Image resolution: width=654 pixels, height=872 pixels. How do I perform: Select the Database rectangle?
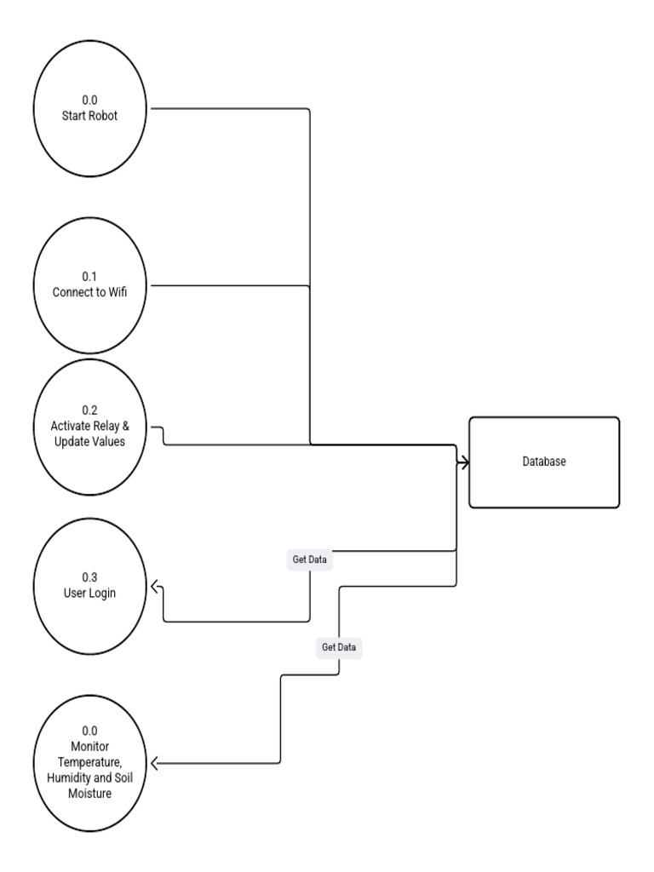point(544,462)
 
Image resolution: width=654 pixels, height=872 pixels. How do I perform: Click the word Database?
point(544,462)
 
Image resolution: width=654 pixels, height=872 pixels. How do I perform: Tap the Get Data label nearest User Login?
point(309,559)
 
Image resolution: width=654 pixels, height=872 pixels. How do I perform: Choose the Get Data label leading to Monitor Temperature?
point(339,647)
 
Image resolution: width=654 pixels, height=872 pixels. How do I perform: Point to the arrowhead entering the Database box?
point(465,462)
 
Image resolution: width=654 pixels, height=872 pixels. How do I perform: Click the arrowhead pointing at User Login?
point(155,587)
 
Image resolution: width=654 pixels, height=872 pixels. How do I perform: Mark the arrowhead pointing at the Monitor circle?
point(155,764)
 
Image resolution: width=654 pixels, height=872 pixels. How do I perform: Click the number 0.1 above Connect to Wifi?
point(89,277)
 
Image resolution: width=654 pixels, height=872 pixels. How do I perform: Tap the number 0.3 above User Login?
point(89,578)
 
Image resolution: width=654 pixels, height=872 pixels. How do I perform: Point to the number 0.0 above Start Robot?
point(89,100)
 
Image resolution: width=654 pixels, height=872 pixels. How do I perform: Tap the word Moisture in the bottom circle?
point(89,793)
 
